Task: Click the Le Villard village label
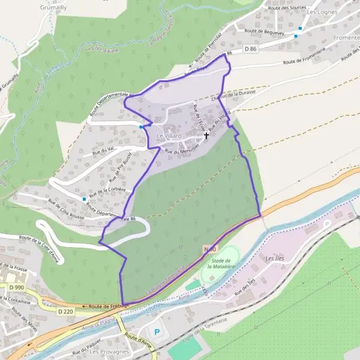169,137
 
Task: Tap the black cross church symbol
206,136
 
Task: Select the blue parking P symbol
157,332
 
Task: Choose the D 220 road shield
67,311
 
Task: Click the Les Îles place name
274,259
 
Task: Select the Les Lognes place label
320,11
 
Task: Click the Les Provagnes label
109,352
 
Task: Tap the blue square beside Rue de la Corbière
85,199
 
